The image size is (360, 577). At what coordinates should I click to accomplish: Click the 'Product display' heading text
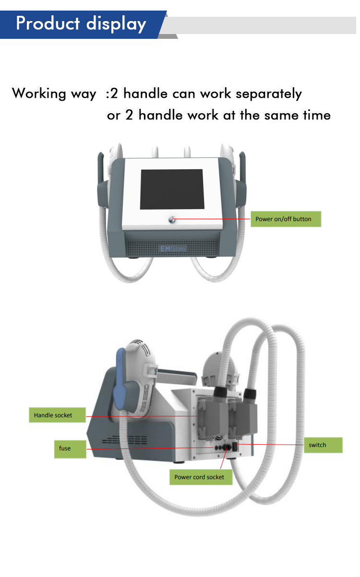(81, 23)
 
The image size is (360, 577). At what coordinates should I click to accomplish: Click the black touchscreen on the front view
(172, 189)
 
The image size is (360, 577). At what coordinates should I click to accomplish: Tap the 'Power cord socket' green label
(199, 477)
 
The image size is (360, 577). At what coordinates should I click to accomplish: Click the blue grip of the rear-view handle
(120, 384)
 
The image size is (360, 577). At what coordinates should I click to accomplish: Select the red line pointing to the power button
(211, 219)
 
